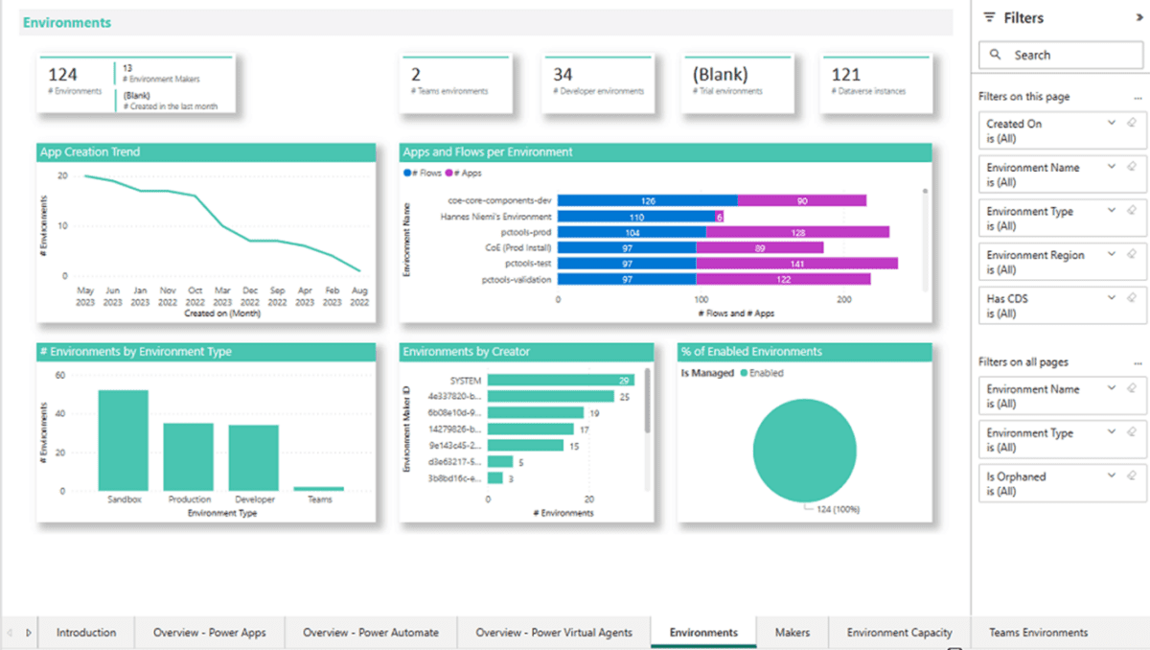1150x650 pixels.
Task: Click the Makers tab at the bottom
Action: pyautogui.click(x=792, y=633)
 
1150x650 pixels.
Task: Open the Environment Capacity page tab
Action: pyautogui.click(x=899, y=633)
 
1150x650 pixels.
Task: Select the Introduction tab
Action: pyautogui.click(x=86, y=633)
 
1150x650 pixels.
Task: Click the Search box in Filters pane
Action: pyautogui.click(x=1060, y=56)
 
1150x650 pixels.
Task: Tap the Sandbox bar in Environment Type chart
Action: pyautogui.click(x=124, y=440)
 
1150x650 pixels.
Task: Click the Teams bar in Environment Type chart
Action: pyautogui.click(x=318, y=488)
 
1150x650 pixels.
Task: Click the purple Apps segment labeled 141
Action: pyautogui.click(x=796, y=263)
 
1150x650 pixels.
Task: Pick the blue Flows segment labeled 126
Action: pyautogui.click(x=647, y=200)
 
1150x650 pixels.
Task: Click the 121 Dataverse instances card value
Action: pyautogui.click(x=845, y=75)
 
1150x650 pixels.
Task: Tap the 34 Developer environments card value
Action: pyautogui.click(x=563, y=75)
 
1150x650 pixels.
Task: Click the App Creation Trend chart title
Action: pyautogui.click(x=90, y=151)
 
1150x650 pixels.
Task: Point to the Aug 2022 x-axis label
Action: pyautogui.click(x=359, y=295)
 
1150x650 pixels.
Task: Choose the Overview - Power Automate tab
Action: pyautogui.click(x=370, y=633)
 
